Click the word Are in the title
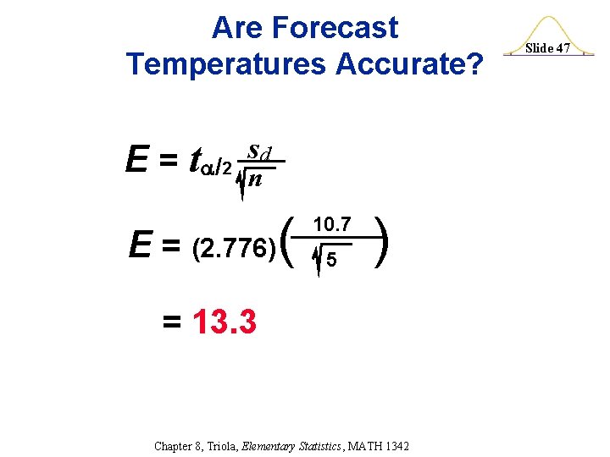tap(237, 28)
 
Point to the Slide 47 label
tap(548, 48)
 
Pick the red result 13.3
tap(225, 322)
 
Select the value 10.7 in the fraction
tap(333, 225)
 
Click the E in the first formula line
tap(135, 160)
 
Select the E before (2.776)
tap(140, 246)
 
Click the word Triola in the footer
tap(224, 446)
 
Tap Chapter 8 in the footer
tap(178, 446)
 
